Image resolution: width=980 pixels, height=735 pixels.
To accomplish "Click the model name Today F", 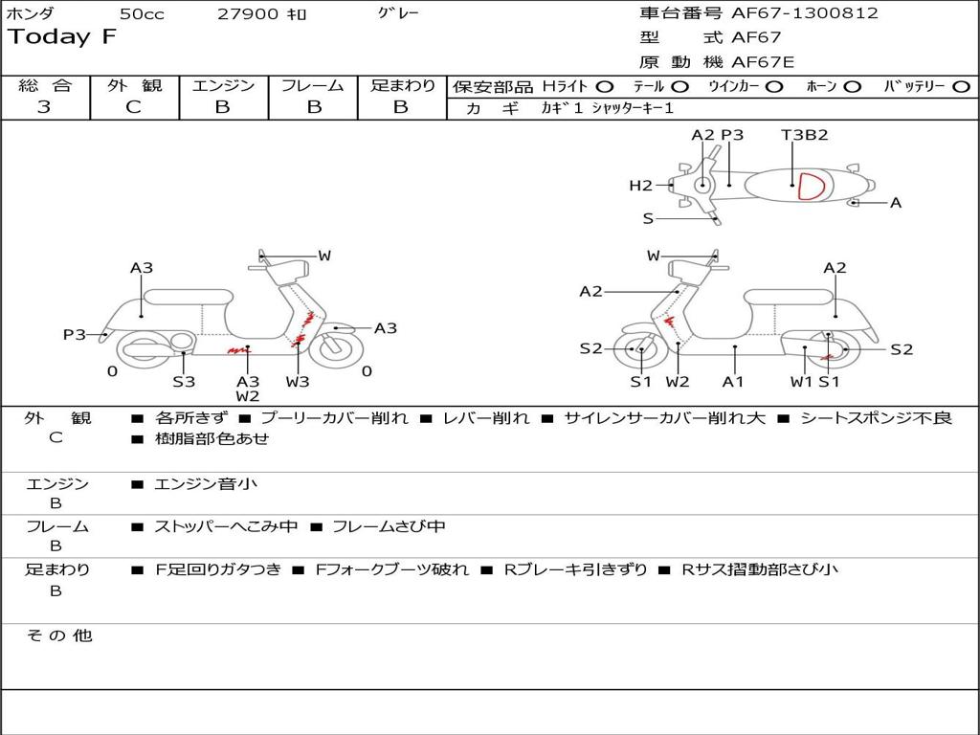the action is click(62, 37).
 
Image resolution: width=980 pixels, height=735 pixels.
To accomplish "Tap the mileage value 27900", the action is click(248, 14).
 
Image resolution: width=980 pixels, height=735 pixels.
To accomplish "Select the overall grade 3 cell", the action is click(44, 107).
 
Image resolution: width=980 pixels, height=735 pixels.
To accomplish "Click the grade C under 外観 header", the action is click(133, 107).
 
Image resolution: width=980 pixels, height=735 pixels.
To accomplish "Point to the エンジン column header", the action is click(223, 85).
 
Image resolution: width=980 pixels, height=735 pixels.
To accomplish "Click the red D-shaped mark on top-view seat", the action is click(811, 186).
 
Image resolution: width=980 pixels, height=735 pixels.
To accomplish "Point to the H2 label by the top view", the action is click(640, 186).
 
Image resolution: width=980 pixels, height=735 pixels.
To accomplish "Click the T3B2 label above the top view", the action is click(804, 135).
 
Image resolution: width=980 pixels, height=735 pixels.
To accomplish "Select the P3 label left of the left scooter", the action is click(75, 334).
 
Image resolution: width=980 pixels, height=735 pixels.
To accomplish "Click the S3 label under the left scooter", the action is click(184, 382).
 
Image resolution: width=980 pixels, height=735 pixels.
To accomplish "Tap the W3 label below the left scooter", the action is click(298, 382).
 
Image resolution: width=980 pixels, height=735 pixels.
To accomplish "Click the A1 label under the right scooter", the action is click(733, 382).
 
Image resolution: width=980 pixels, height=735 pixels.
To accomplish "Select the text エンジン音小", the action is click(206, 484).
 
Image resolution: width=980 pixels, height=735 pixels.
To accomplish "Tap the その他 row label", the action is click(58, 635).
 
